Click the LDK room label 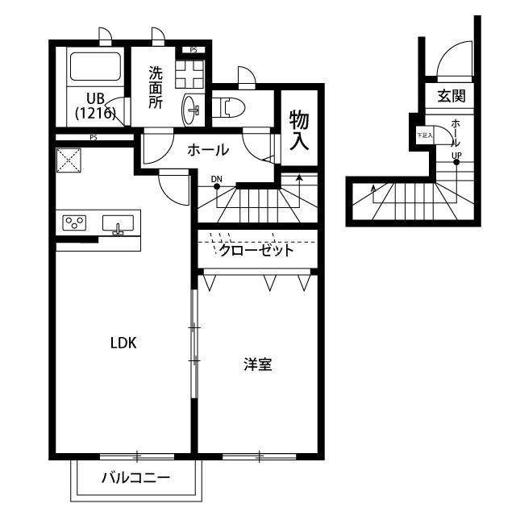click(123, 343)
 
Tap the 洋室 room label click(258, 365)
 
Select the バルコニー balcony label click(135, 477)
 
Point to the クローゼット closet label click(256, 250)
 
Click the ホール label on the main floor click(208, 150)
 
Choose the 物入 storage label click(299, 131)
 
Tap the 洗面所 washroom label click(155, 86)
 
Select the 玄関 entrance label click(451, 97)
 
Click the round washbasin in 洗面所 click(193, 109)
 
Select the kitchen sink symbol click(119, 223)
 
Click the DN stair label click(216, 178)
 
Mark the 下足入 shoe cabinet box click(424, 135)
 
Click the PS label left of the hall click(94, 137)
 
